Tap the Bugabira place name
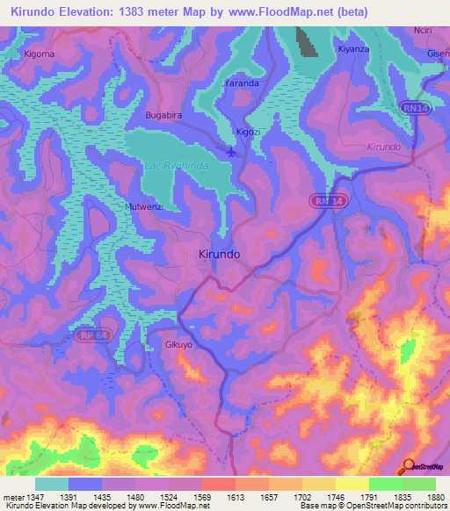point(163,115)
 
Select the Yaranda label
point(241,83)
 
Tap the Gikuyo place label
point(178,346)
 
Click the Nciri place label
point(423,30)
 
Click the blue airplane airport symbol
point(230,151)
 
